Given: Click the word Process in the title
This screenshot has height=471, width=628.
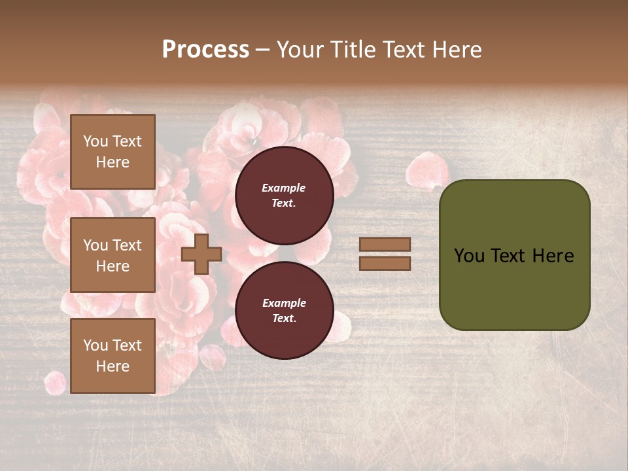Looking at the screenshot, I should (205, 50).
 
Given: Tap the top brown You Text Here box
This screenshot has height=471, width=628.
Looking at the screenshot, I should (113, 152).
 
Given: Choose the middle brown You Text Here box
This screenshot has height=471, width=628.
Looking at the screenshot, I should (113, 255).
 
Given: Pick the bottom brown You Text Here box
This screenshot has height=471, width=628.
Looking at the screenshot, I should (113, 356).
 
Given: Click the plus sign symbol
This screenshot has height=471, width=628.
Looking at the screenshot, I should (201, 254).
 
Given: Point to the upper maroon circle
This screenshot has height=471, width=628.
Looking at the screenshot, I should (284, 195).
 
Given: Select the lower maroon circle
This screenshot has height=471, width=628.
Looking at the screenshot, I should (284, 310).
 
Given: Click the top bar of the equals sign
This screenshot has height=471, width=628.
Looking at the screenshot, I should (385, 244).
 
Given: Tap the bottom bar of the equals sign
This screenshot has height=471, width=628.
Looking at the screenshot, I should (385, 263).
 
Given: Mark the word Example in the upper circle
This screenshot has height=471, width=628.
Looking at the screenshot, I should (284, 188).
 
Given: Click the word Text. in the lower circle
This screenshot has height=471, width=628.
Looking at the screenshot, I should (284, 318).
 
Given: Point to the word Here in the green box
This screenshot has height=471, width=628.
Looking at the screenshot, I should (553, 256).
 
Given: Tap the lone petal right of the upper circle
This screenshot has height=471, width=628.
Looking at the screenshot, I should (427, 171).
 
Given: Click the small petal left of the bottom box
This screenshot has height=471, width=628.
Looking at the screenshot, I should (55, 382).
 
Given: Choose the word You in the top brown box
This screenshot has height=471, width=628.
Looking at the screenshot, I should (96, 141).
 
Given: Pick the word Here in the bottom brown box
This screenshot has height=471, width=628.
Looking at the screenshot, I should (113, 366).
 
